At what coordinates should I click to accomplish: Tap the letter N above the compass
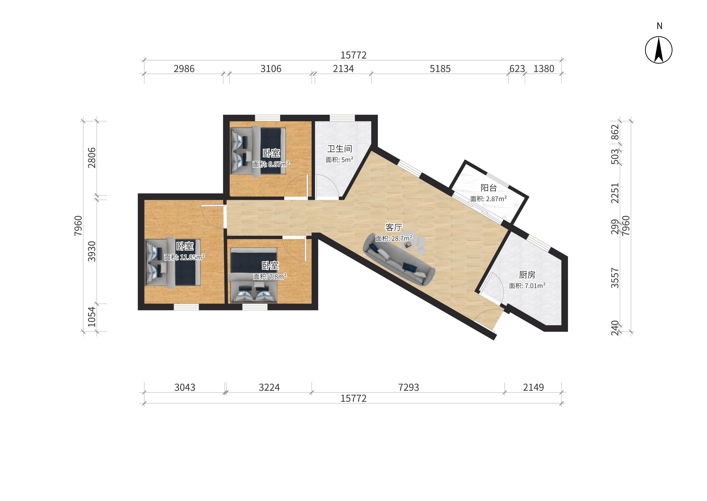pyautogui.click(x=659, y=26)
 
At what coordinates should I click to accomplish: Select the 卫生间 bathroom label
pyautogui.click(x=339, y=149)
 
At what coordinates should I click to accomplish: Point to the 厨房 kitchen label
pyautogui.click(x=527, y=275)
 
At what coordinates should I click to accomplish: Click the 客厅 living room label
pyautogui.click(x=394, y=228)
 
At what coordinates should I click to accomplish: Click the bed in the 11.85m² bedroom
pyautogui.click(x=173, y=263)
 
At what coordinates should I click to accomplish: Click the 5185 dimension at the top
pyautogui.click(x=440, y=69)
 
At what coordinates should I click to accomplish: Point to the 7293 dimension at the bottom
pyautogui.click(x=408, y=387)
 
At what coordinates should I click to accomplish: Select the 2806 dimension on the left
pyautogui.click(x=92, y=158)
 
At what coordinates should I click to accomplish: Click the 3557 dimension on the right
pyautogui.click(x=615, y=278)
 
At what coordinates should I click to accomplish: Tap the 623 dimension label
pyautogui.click(x=517, y=69)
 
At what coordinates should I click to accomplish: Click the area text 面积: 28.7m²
pyautogui.click(x=394, y=238)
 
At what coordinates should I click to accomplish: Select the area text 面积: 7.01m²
pyautogui.click(x=527, y=286)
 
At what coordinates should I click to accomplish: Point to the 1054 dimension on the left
pyautogui.click(x=92, y=317)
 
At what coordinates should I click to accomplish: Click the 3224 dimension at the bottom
pyautogui.click(x=269, y=387)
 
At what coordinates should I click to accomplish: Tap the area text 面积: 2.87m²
pyautogui.click(x=488, y=199)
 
